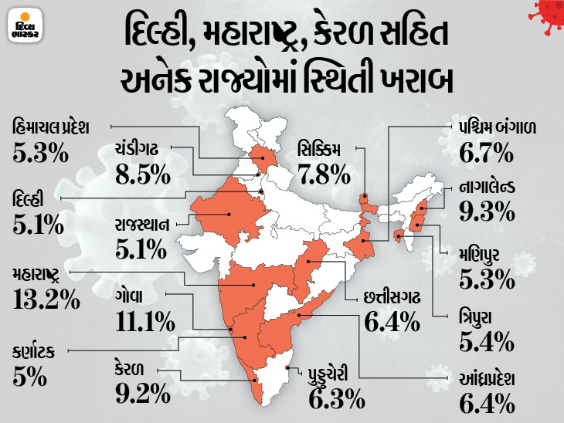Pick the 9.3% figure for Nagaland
[x=486, y=210]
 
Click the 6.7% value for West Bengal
[x=487, y=154]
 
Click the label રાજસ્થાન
[x=148, y=224]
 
